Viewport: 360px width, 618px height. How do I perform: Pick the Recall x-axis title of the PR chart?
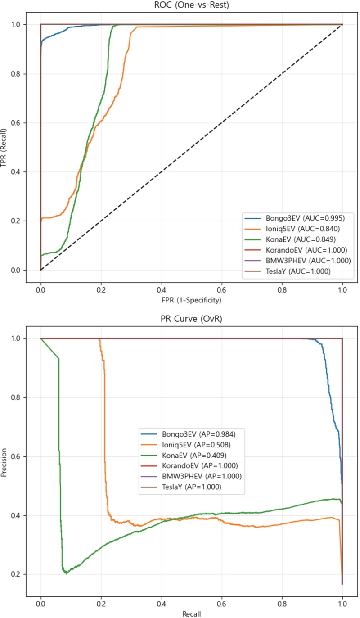(x=191, y=613)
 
